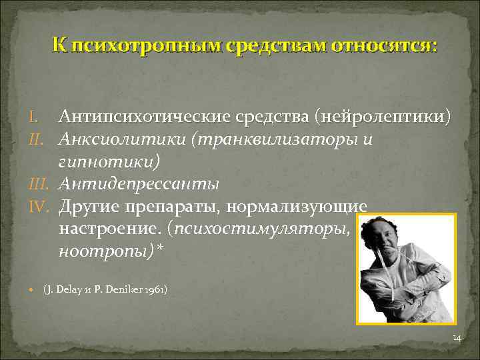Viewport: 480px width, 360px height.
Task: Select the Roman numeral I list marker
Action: coord(32,117)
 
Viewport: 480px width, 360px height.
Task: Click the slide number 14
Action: coord(457,339)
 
